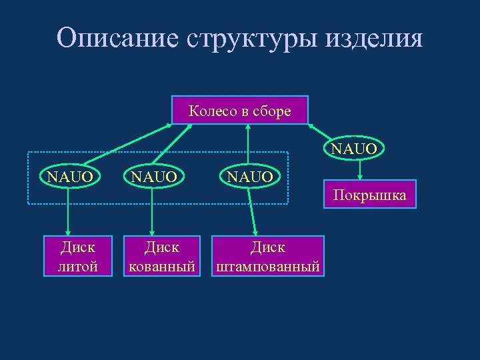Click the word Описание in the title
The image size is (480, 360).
(x=117, y=38)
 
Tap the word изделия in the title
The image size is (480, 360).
(x=374, y=38)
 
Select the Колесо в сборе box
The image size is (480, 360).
(x=240, y=111)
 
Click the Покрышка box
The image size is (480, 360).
(x=369, y=195)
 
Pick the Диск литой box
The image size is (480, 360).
(x=79, y=257)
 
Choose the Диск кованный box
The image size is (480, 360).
(x=163, y=257)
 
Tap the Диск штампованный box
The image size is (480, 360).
(x=267, y=257)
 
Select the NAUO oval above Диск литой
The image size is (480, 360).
(x=70, y=177)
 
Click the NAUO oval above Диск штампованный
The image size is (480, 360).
(x=250, y=177)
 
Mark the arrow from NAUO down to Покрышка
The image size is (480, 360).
(x=360, y=170)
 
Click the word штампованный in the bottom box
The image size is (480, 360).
(x=267, y=267)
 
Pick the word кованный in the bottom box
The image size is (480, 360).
(x=163, y=267)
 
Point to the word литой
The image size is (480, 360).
(x=79, y=267)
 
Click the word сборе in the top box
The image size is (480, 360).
(x=274, y=111)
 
